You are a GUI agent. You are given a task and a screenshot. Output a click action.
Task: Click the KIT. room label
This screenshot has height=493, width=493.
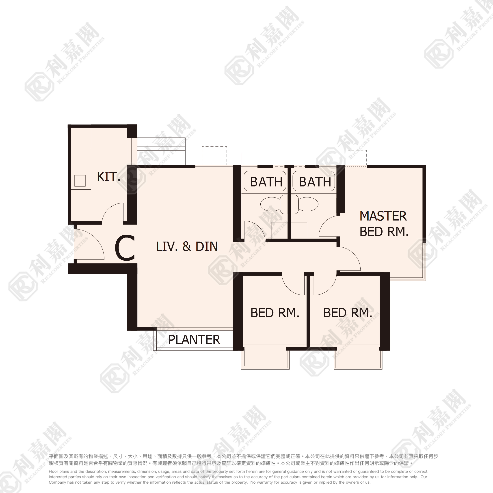pyautogui.click(x=108, y=177)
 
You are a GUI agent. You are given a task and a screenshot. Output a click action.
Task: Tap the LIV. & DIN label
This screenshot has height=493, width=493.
pyautogui.click(x=187, y=246)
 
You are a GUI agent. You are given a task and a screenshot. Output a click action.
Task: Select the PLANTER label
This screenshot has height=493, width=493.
pyautogui.click(x=194, y=340)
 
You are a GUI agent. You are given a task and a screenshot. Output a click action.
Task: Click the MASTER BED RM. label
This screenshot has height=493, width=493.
pyautogui.click(x=384, y=224)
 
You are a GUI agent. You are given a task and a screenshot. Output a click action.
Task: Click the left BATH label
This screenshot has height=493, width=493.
pyautogui.click(x=266, y=182)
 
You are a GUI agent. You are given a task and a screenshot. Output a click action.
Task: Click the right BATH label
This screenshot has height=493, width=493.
pyautogui.click(x=315, y=182)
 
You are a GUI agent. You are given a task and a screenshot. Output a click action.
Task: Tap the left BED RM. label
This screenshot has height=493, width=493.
pyautogui.click(x=275, y=313)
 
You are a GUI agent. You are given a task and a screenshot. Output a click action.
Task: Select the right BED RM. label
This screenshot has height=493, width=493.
pyautogui.click(x=348, y=313)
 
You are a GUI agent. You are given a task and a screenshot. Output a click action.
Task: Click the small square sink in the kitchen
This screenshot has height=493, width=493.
pyautogui.click(x=80, y=181)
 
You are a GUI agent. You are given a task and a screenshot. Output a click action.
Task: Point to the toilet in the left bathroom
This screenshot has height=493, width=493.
pyautogui.click(x=274, y=204)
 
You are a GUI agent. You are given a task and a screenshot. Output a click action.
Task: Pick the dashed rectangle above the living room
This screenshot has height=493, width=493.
pyautogui.click(x=214, y=156)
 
